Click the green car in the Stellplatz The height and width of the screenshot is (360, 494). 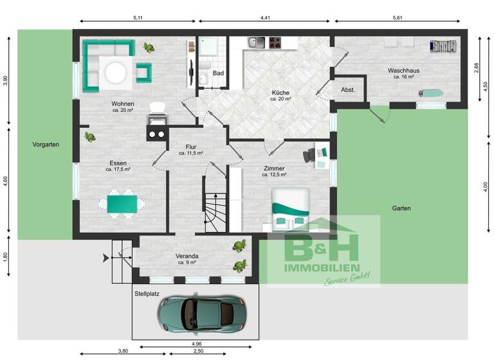pyautogui.click(x=203, y=313)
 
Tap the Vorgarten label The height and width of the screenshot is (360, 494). pyautogui.click(x=46, y=145)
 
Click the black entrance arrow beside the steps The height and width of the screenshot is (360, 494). pyautogui.click(x=105, y=258)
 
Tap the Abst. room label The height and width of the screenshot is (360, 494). pyautogui.click(x=348, y=90)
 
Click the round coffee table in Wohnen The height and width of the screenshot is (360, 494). pyautogui.click(x=116, y=72)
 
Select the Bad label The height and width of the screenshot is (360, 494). pyautogui.click(x=219, y=73)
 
